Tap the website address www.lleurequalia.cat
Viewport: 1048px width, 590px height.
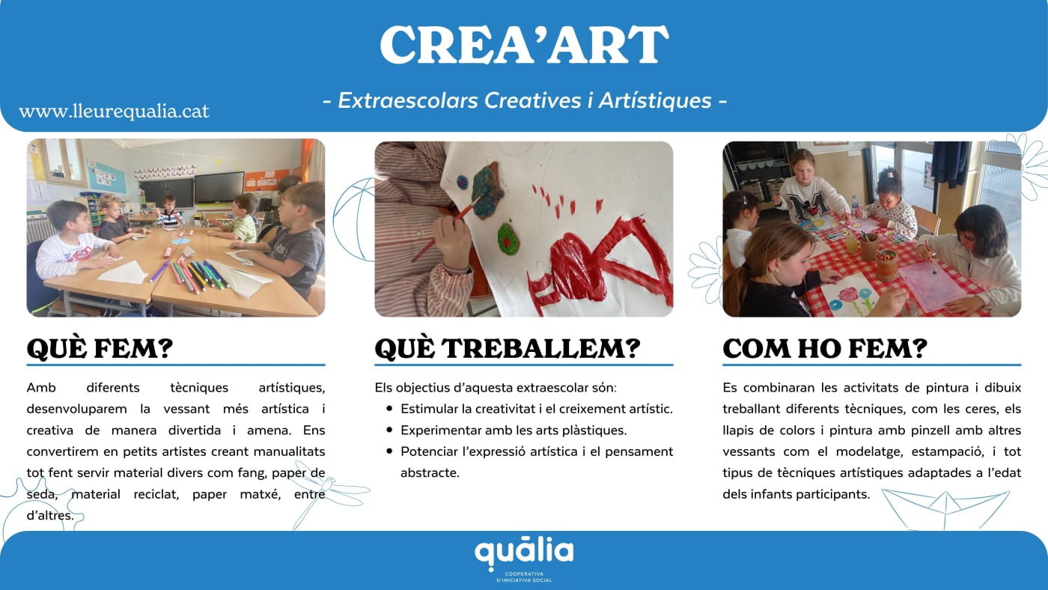tap(114, 112)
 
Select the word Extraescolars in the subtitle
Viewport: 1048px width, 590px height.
tap(408, 100)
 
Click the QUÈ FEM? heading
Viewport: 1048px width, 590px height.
tap(100, 349)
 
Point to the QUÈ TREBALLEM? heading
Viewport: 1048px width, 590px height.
tap(508, 349)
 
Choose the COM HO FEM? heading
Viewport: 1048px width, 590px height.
tap(825, 349)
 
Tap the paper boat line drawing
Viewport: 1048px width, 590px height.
tap(945, 508)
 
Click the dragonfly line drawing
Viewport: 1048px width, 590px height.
tap(328, 493)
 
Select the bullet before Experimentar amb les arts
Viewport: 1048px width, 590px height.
tap(389, 430)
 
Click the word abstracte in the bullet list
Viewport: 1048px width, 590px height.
tap(430, 472)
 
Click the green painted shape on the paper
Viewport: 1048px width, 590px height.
tap(508, 239)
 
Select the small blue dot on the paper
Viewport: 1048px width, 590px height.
tap(463, 182)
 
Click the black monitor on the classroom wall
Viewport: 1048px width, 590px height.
tap(219, 187)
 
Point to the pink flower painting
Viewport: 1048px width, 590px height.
tap(847, 295)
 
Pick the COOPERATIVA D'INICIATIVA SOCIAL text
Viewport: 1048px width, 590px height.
tap(524, 577)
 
